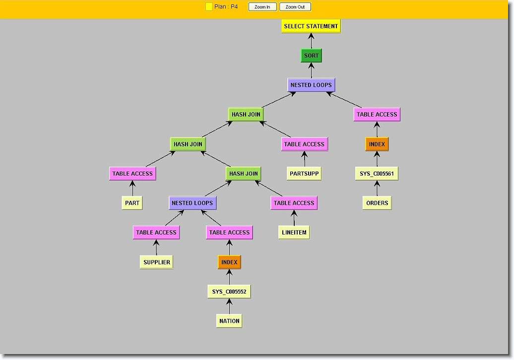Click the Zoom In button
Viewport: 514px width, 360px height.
pyautogui.click(x=262, y=7)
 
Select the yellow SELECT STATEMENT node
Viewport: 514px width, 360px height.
pyautogui.click(x=311, y=26)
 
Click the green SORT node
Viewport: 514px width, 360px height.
pyautogui.click(x=312, y=56)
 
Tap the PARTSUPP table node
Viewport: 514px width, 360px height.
pyautogui.click(x=304, y=173)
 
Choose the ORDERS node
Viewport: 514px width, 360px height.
pyautogui.click(x=377, y=203)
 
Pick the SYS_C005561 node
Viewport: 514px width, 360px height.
pyautogui.click(x=377, y=174)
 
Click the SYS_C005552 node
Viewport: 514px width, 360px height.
pyautogui.click(x=229, y=292)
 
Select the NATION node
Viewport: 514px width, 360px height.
pyautogui.click(x=229, y=321)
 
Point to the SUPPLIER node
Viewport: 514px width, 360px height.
pyautogui.click(x=156, y=262)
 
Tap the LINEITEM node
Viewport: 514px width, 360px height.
pyautogui.click(x=294, y=232)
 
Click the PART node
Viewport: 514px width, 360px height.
pyautogui.click(x=132, y=203)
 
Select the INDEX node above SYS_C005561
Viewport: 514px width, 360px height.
pyautogui.click(x=377, y=144)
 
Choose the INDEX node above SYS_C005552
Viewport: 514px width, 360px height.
pyautogui.click(x=229, y=262)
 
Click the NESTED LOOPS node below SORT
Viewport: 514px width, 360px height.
pyautogui.click(x=311, y=85)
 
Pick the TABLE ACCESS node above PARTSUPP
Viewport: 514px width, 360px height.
pyautogui.click(x=304, y=144)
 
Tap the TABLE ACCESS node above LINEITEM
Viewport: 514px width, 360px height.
pyautogui.click(x=294, y=203)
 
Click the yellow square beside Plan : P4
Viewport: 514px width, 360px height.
pyautogui.click(x=209, y=7)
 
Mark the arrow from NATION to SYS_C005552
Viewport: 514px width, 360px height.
pyautogui.click(x=229, y=306)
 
